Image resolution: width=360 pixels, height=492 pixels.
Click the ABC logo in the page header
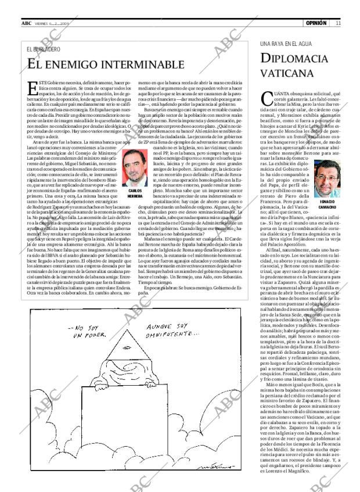click(27, 23)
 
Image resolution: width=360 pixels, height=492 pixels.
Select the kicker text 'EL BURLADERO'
click(43, 49)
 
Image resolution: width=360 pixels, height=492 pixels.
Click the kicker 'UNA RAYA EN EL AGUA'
click(286, 44)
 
